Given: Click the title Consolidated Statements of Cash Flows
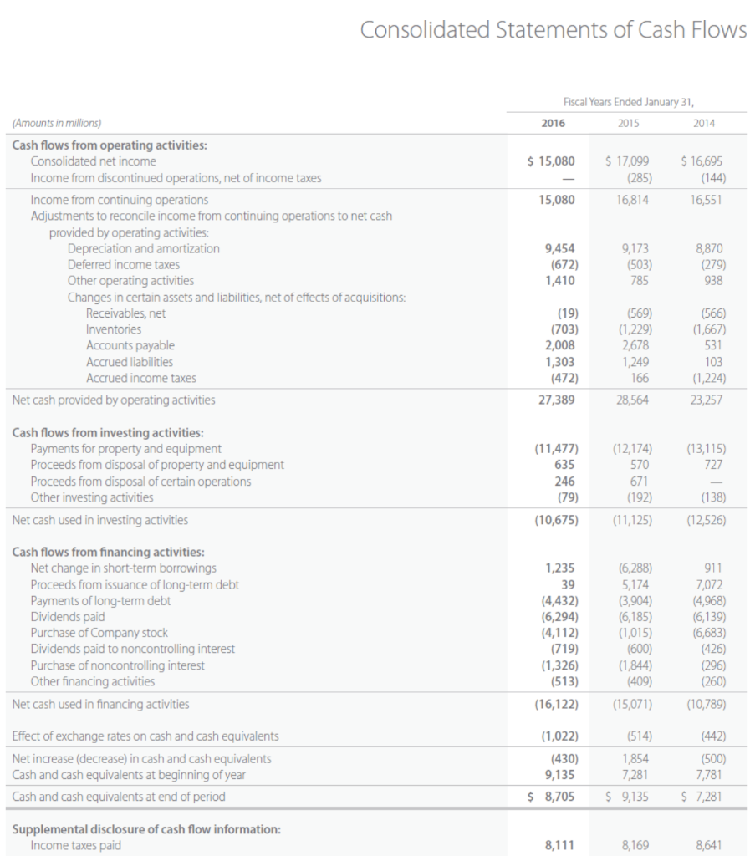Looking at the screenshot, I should pos(553,30).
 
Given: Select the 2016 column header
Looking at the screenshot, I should pos(553,123).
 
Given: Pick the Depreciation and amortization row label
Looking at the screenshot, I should pos(143,248).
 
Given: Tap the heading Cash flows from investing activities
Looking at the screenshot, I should pos(108,432).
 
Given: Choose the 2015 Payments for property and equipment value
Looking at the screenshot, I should pos(629,449).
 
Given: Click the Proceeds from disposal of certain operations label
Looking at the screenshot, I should pos(140,481).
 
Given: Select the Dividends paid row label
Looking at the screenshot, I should pos(67,617).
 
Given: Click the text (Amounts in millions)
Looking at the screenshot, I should pos(57,123).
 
